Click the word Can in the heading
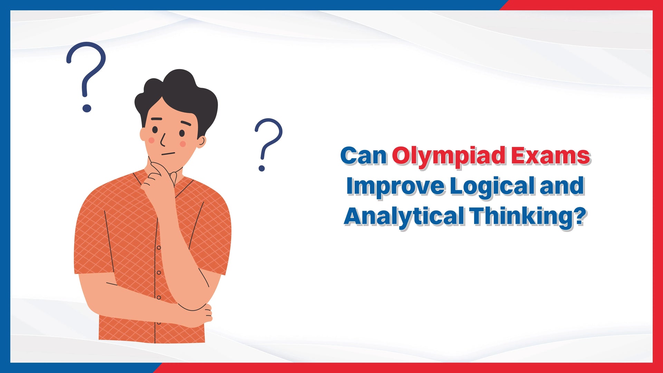(363, 156)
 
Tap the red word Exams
(550, 156)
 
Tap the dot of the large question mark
(87, 108)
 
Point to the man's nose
(163, 140)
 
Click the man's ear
(201, 141)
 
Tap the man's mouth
(169, 154)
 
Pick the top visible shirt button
(158, 248)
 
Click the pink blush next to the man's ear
(183, 144)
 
